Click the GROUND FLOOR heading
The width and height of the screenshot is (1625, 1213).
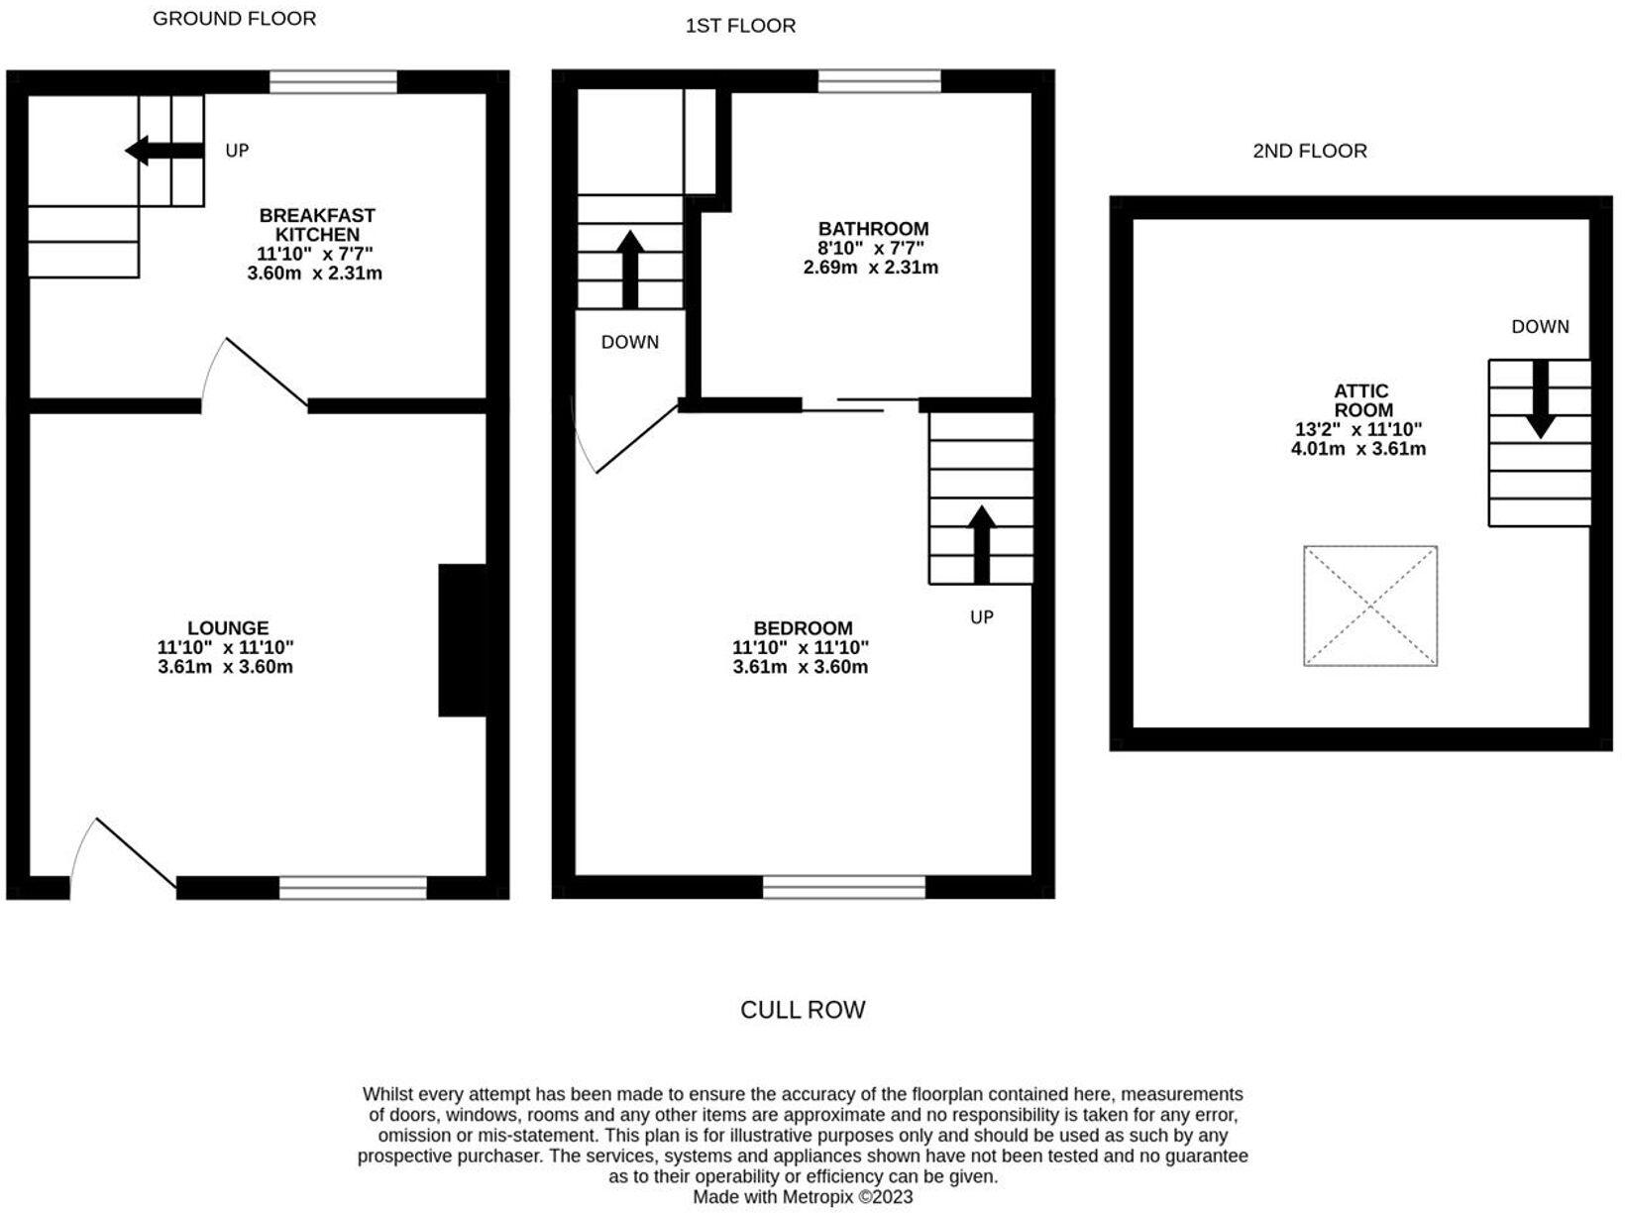pyautogui.click(x=234, y=19)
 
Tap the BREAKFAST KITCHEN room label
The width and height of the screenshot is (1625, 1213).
pyautogui.click(x=316, y=225)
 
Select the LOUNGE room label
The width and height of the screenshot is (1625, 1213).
pyautogui.click(x=228, y=628)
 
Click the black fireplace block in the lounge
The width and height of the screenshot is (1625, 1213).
pyautogui.click(x=462, y=640)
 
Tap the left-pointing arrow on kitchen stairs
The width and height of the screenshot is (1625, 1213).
pyautogui.click(x=163, y=151)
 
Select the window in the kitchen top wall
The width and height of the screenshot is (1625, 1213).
pyautogui.click(x=333, y=82)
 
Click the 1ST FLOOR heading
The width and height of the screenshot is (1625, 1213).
pyautogui.click(x=740, y=26)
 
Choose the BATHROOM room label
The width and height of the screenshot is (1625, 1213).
pyautogui.click(x=873, y=229)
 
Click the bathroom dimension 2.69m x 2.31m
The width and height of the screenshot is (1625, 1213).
pyautogui.click(x=870, y=268)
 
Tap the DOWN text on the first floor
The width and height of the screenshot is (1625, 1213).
pyautogui.click(x=629, y=342)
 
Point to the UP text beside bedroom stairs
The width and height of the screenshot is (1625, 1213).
pyautogui.click(x=981, y=617)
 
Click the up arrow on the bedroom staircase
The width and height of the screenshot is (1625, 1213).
pyautogui.click(x=981, y=543)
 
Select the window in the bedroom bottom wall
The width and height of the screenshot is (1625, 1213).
pyautogui.click(x=843, y=886)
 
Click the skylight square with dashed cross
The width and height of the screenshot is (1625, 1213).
pyautogui.click(x=1369, y=605)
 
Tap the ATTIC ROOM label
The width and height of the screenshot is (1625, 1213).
pyautogui.click(x=1361, y=400)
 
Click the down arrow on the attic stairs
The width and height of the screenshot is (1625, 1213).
pyautogui.click(x=1539, y=399)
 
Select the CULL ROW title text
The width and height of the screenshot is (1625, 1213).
pyautogui.click(x=803, y=1010)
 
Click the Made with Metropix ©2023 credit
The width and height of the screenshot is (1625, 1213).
pyautogui.click(x=803, y=1197)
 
